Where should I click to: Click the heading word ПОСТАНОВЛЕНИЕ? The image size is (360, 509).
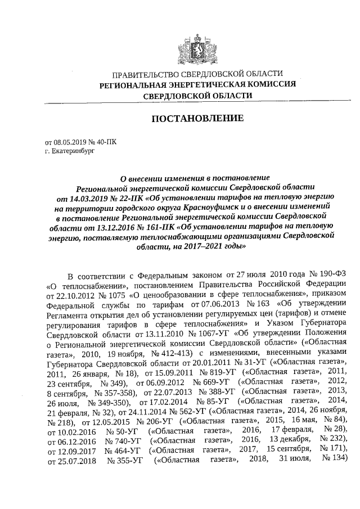[x=196, y=119]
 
